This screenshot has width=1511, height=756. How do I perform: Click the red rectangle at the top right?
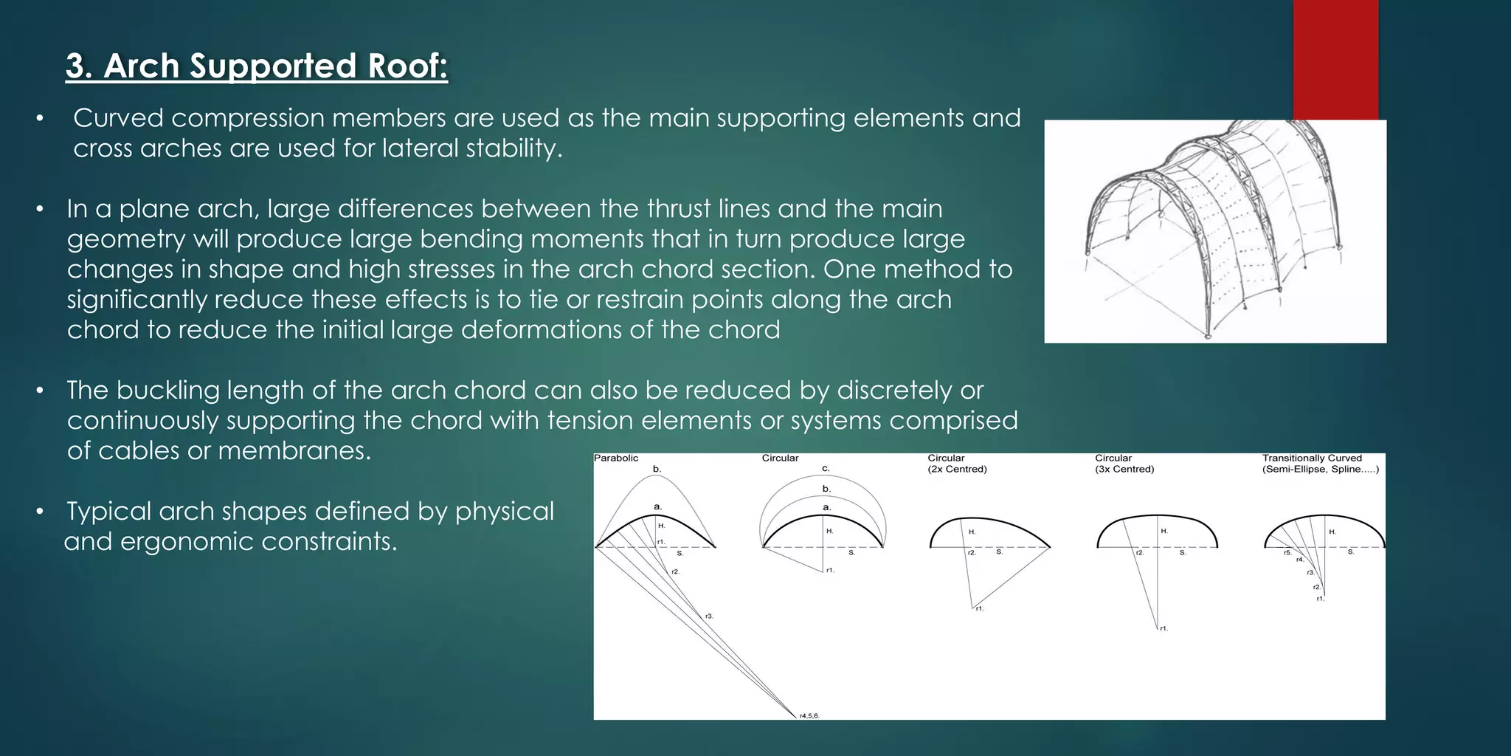(x=1335, y=59)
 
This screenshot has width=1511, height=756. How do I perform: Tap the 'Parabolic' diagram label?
(x=616, y=458)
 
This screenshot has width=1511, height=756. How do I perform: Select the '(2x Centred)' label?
(x=957, y=470)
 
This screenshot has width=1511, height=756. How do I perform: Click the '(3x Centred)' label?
(x=1124, y=470)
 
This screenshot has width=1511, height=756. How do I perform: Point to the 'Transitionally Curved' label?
(x=1312, y=458)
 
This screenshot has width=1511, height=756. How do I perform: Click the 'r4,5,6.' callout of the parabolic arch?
(x=809, y=715)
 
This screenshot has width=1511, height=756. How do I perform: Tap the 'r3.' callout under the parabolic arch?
(x=709, y=616)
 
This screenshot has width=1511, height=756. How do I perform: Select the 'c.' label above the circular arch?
(x=826, y=469)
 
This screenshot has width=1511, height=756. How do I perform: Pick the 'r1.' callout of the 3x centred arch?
(x=1163, y=628)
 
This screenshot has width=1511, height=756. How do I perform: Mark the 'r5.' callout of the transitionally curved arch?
(x=1287, y=552)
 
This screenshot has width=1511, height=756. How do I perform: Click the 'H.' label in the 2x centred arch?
(x=972, y=532)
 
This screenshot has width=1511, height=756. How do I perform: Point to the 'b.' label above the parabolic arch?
(x=657, y=469)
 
